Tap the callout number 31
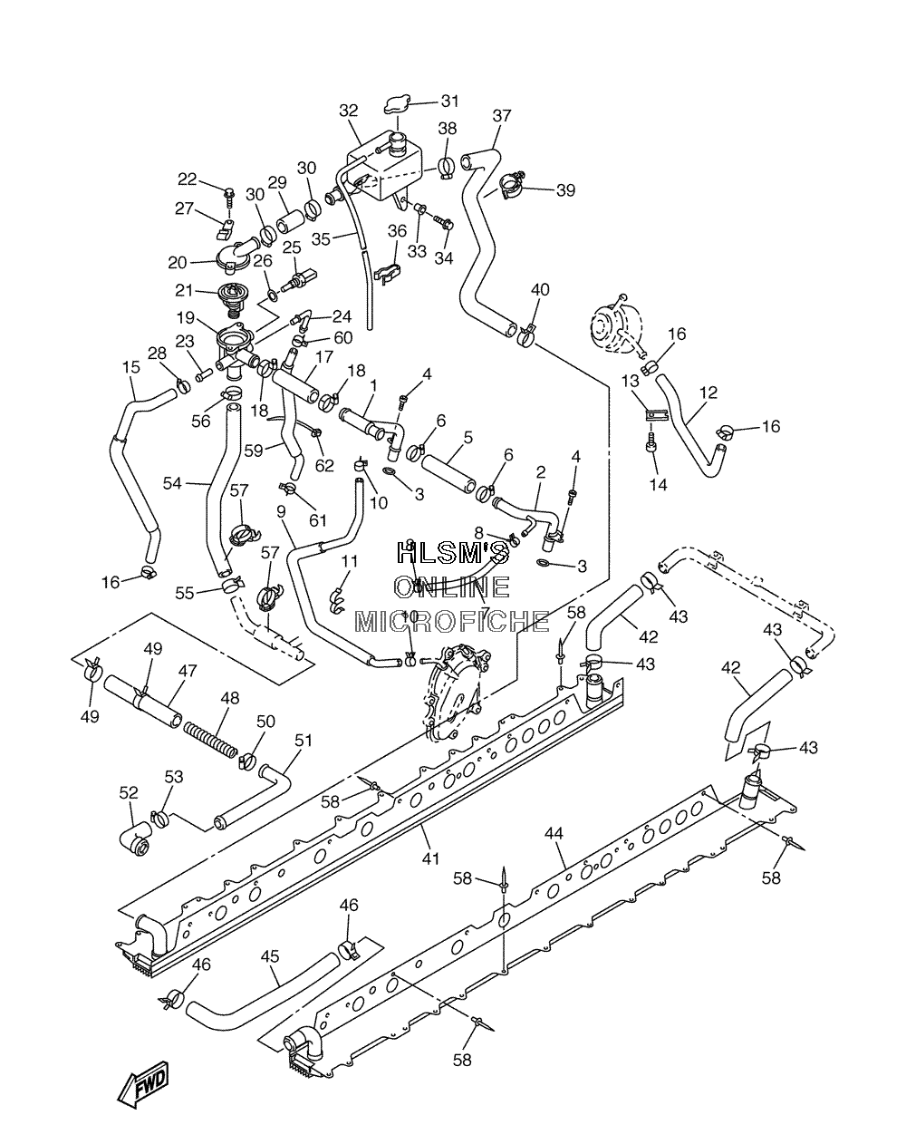coord(449,101)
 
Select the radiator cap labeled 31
coord(402,104)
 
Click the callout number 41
coord(431,858)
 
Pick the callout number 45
coord(270,956)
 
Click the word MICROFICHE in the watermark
coord(452,621)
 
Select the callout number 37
coord(502,115)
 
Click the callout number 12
coord(708,393)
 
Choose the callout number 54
coord(173,483)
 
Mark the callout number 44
coord(554,833)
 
